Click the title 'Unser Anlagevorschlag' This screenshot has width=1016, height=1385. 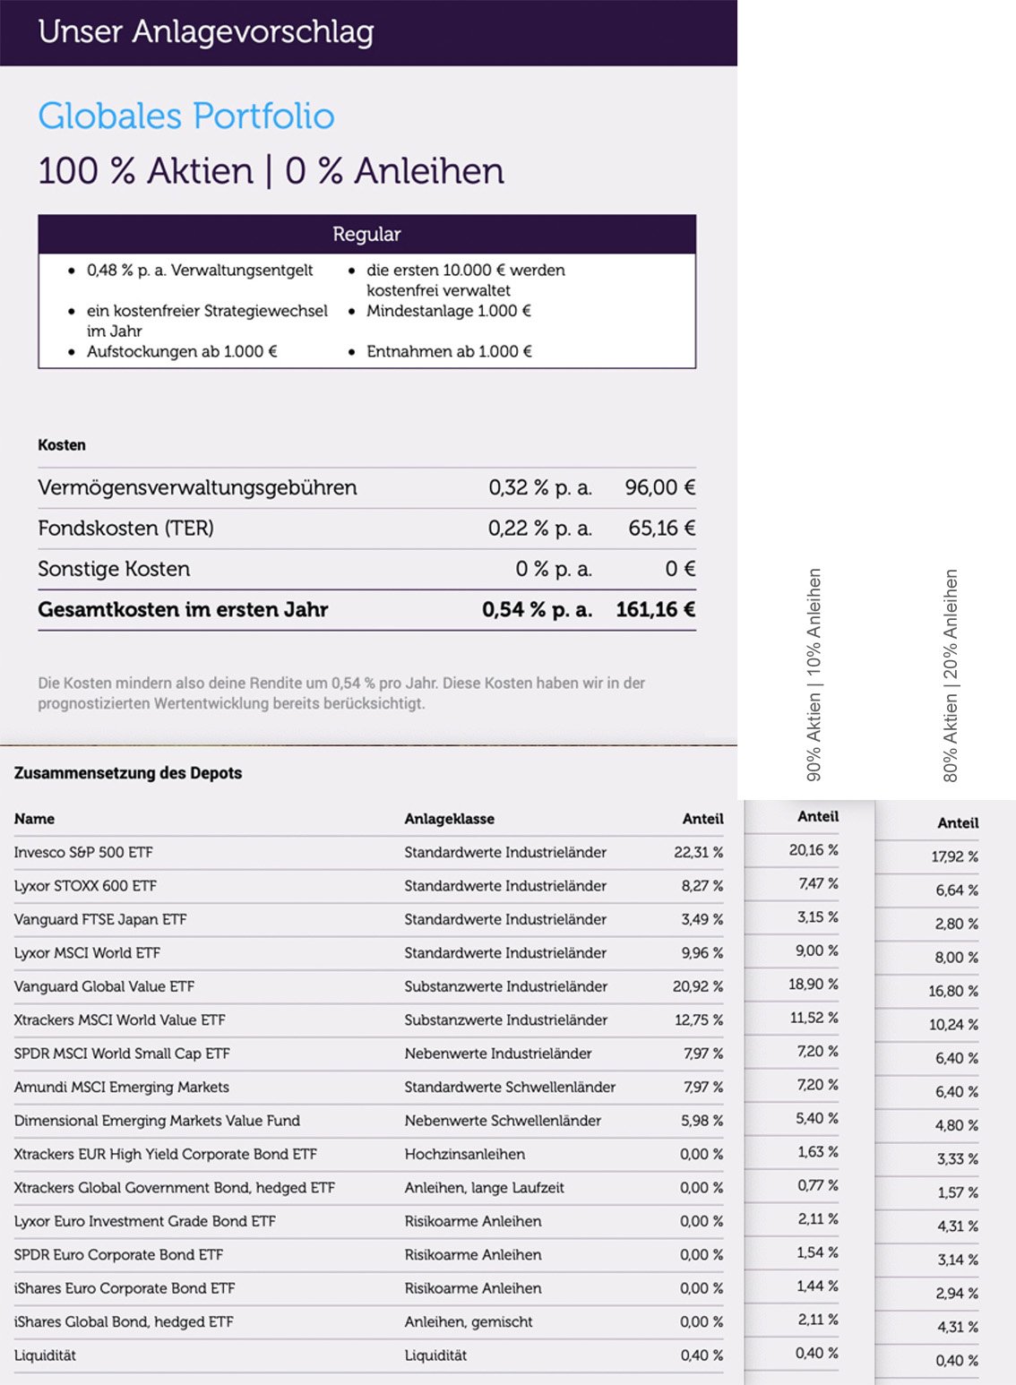click(205, 32)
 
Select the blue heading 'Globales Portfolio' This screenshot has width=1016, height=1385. click(185, 116)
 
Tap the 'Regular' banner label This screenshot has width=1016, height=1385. click(366, 235)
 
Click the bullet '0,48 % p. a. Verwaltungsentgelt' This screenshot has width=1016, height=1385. click(199, 271)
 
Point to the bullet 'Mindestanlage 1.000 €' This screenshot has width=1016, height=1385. click(448, 311)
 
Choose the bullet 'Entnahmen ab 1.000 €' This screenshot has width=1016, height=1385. click(448, 352)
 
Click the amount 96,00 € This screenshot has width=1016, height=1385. click(659, 487)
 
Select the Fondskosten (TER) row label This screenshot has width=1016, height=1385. click(125, 529)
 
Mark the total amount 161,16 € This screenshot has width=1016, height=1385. click(655, 610)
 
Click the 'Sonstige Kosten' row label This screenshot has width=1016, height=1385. click(114, 569)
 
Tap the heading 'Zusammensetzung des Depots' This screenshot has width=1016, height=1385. click(128, 773)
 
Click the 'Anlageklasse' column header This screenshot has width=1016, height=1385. click(449, 819)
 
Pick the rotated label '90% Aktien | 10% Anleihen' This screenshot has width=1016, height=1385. click(814, 675)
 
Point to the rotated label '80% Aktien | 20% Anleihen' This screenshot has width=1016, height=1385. click(951, 675)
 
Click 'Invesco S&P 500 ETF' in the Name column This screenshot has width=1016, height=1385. click(83, 853)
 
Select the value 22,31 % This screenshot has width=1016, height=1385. click(698, 853)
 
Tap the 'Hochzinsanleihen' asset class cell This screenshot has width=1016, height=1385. click(464, 1155)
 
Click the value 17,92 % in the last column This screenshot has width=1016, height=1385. click(954, 857)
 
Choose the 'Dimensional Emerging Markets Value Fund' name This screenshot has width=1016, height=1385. click(157, 1121)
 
